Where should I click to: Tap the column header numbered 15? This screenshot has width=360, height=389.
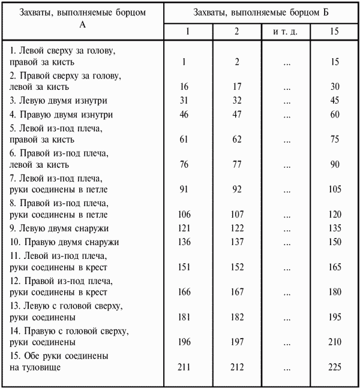coord(335,31)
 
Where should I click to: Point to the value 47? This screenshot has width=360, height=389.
coord(237,114)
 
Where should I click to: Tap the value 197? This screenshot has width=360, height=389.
coord(237,342)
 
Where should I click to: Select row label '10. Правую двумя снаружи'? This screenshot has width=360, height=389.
coord(64,242)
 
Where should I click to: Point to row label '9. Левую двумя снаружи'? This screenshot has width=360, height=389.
coord(59,228)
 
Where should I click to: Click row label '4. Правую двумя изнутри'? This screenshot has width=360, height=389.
coord(61,114)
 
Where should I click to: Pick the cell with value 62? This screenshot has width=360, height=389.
coord(237,140)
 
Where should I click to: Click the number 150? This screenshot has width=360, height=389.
coord(335,242)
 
